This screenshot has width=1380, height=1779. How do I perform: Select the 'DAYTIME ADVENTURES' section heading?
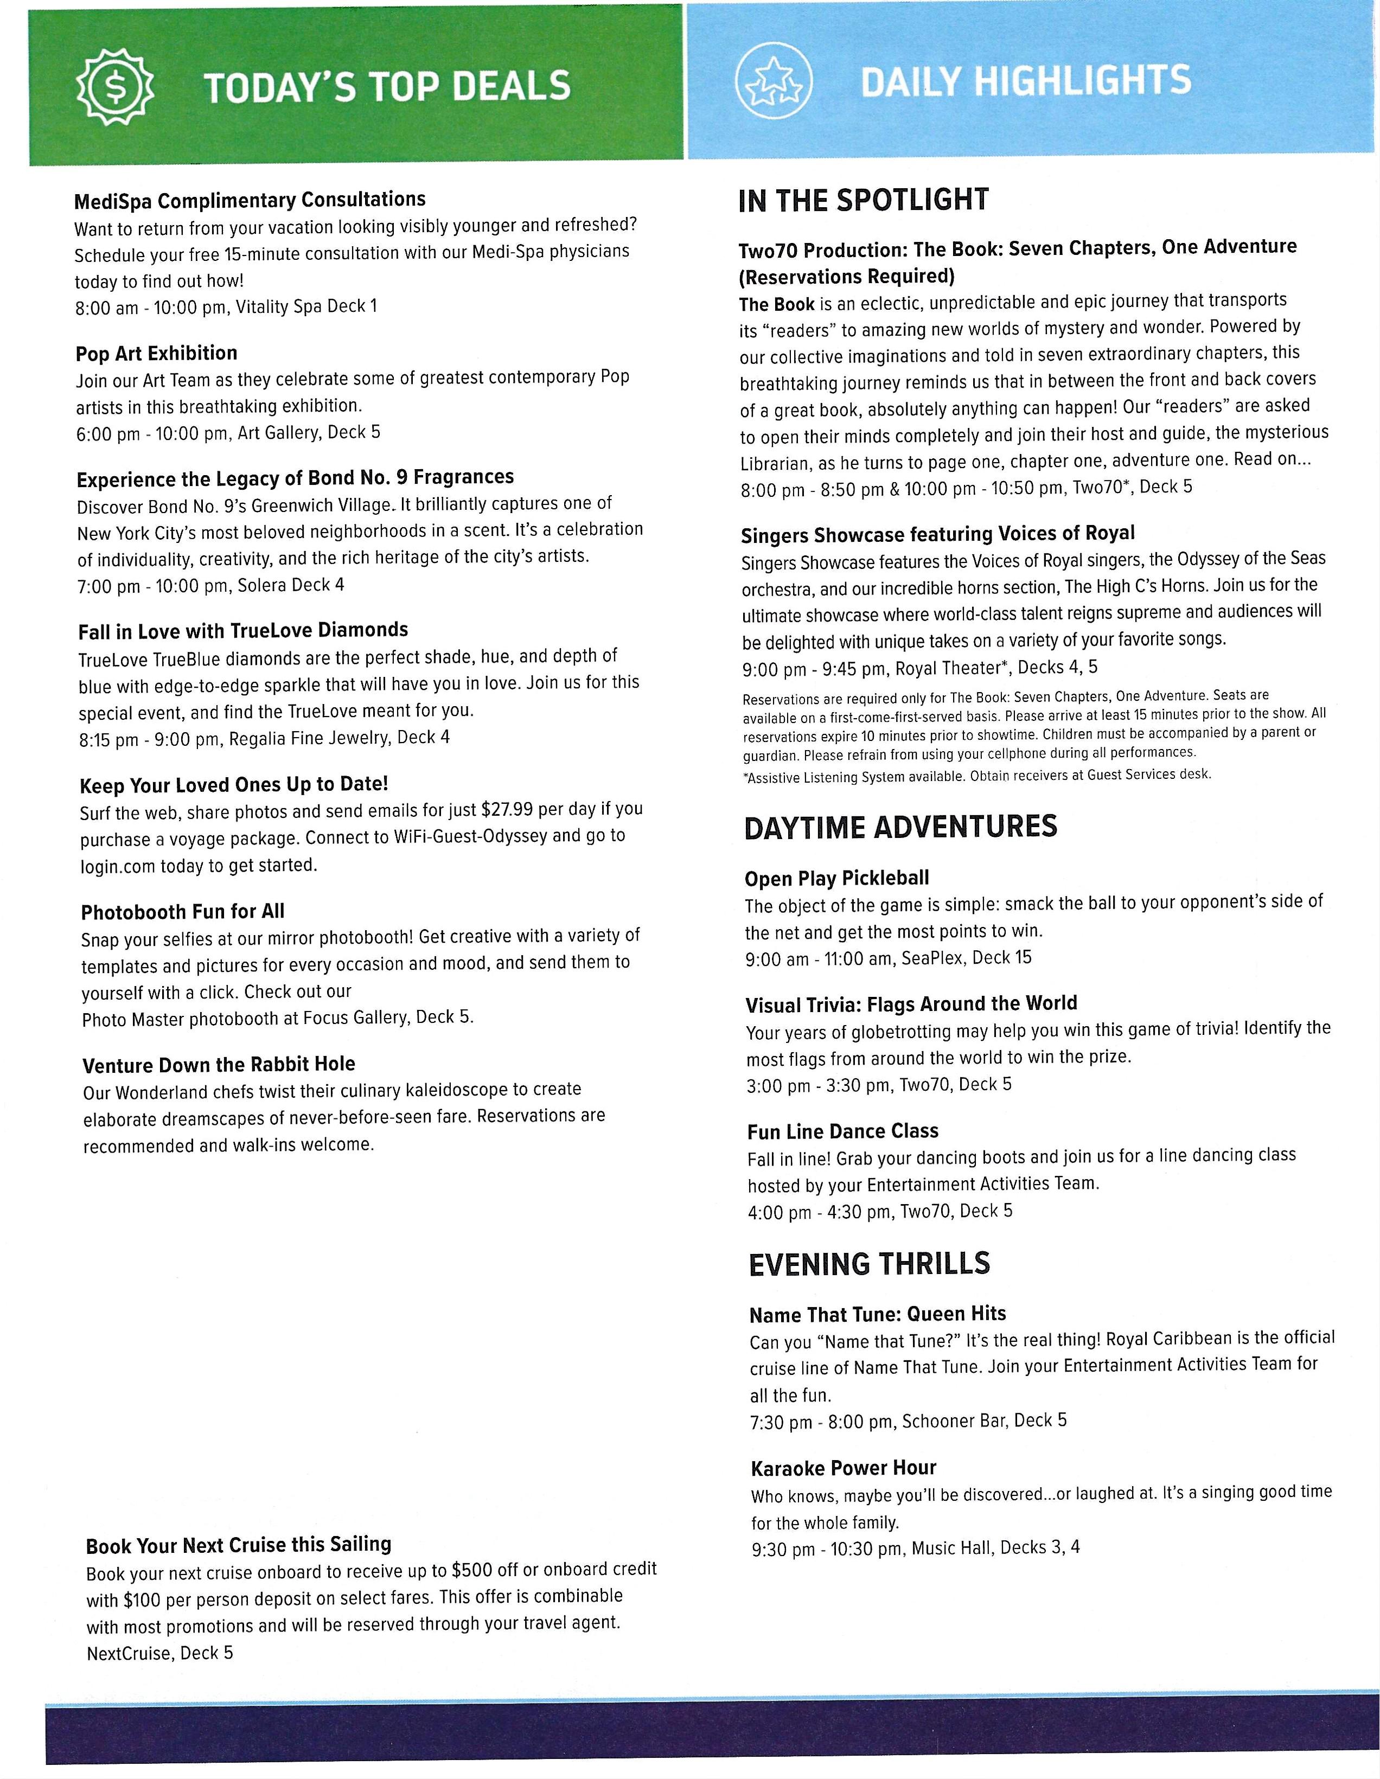click(x=900, y=827)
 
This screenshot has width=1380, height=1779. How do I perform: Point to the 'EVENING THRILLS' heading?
click(x=869, y=1263)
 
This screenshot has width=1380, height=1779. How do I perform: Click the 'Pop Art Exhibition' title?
click(x=156, y=354)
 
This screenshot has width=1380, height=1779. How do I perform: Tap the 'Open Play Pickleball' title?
click(x=836, y=878)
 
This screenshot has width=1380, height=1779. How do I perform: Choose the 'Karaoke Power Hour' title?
click(x=843, y=1468)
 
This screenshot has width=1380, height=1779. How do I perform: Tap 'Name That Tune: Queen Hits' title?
click(x=877, y=1314)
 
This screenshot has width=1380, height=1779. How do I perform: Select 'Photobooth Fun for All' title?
click(x=182, y=912)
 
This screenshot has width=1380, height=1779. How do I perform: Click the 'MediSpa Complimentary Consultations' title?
click(x=250, y=200)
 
